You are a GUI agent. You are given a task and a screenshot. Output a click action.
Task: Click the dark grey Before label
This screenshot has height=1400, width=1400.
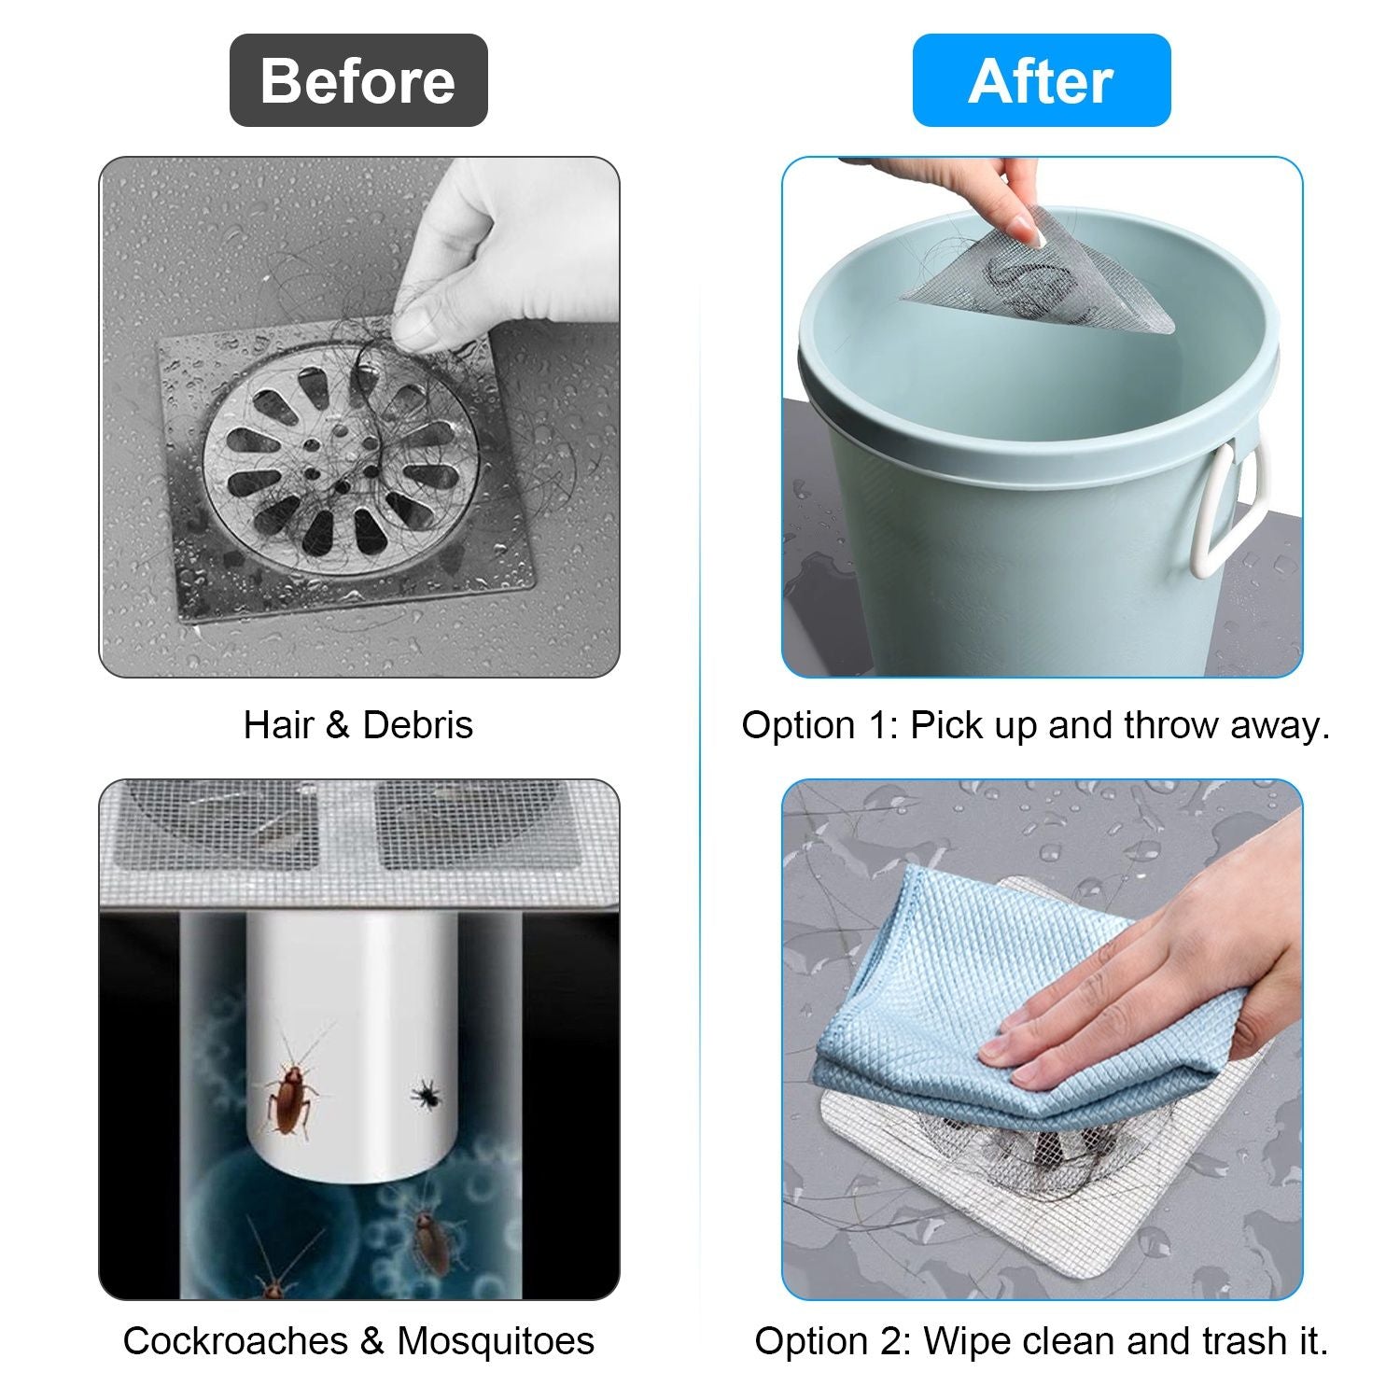(x=358, y=80)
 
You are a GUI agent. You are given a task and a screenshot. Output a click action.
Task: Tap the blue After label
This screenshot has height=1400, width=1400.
(x=1042, y=80)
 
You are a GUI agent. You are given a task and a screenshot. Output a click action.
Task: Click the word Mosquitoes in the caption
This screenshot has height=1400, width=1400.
(x=496, y=1341)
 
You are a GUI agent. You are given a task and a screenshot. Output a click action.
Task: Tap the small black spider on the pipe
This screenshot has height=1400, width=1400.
(x=427, y=1092)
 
